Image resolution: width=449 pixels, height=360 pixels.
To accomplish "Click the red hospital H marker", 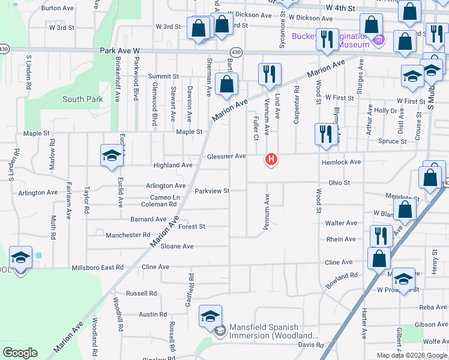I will point(271,160).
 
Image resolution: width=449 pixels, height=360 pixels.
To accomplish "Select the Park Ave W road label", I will point(119,52).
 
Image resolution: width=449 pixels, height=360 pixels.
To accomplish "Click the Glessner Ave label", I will point(226,157).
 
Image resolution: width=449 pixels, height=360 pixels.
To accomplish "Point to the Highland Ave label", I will point(173,165).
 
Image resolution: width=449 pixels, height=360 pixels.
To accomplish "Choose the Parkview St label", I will point(212,191).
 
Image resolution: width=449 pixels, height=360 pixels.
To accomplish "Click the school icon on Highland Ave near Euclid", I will point(112,156).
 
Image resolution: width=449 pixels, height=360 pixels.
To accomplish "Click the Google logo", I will point(20,353).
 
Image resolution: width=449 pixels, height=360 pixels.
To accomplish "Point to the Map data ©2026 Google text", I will point(412,355).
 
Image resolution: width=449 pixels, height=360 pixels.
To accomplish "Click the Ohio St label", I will point(339,182).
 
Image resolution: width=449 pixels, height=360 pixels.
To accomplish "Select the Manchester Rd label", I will point(127,235).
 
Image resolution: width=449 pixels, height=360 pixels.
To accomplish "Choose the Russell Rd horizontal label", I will point(141,293).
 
